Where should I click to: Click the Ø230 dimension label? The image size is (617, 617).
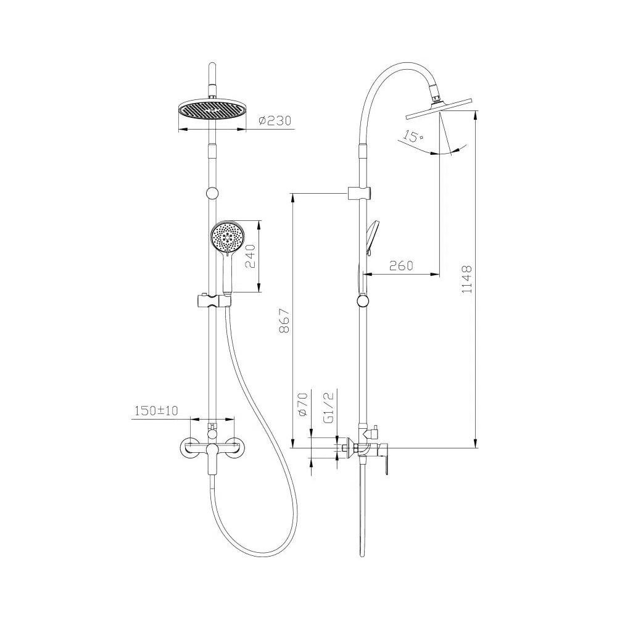[275, 120]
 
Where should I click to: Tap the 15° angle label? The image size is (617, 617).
[412, 136]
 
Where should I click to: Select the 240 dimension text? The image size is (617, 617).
[251, 256]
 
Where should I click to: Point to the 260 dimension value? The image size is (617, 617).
[401, 265]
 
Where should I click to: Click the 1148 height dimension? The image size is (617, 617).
[466, 279]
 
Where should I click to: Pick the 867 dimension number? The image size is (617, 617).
[284, 321]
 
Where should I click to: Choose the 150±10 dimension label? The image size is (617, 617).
[156, 411]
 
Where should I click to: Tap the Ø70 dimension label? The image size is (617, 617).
[302, 404]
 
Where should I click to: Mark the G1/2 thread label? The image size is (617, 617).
[328, 407]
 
